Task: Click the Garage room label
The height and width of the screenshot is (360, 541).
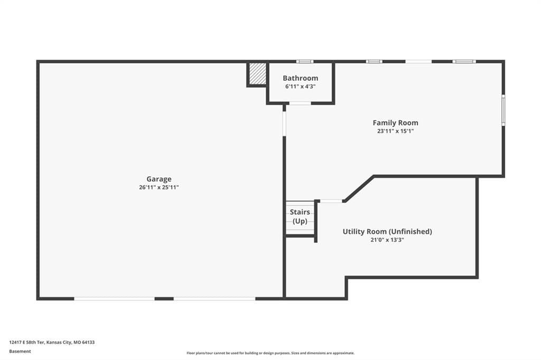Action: pyautogui.click(x=158, y=179)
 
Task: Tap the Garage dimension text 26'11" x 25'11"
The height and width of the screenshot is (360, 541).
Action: pyautogui.click(x=158, y=187)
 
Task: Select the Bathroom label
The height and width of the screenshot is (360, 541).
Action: pyautogui.click(x=300, y=78)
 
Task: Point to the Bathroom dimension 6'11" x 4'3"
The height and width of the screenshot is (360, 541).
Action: pyautogui.click(x=300, y=87)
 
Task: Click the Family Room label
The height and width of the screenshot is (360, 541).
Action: pyautogui.click(x=395, y=123)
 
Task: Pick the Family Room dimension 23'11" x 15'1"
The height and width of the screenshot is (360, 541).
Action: pyautogui.click(x=395, y=131)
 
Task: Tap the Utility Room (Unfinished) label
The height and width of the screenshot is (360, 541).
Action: pyautogui.click(x=387, y=231)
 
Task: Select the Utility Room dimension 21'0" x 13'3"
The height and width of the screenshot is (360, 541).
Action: pyautogui.click(x=387, y=240)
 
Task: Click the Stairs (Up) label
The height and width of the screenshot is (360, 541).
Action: pyautogui.click(x=300, y=216)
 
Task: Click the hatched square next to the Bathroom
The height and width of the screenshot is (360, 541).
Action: pyautogui.click(x=258, y=73)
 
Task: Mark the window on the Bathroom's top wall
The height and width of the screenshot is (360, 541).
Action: pyautogui.click(x=305, y=62)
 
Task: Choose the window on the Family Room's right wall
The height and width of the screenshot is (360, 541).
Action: pyautogui.click(x=503, y=110)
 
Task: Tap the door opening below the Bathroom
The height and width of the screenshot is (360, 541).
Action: pyautogui.click(x=300, y=103)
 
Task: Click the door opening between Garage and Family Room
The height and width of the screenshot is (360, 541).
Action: pyautogui.click(x=284, y=124)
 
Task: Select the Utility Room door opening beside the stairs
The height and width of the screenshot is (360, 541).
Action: pyautogui.click(x=331, y=201)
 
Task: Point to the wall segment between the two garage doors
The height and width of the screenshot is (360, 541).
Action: pyautogui.click(x=164, y=299)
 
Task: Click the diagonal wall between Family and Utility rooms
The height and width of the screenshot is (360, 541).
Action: pyautogui.click(x=359, y=189)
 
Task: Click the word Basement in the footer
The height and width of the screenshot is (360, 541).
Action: pyautogui.click(x=20, y=352)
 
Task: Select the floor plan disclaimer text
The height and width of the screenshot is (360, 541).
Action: pyautogui.click(x=270, y=353)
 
